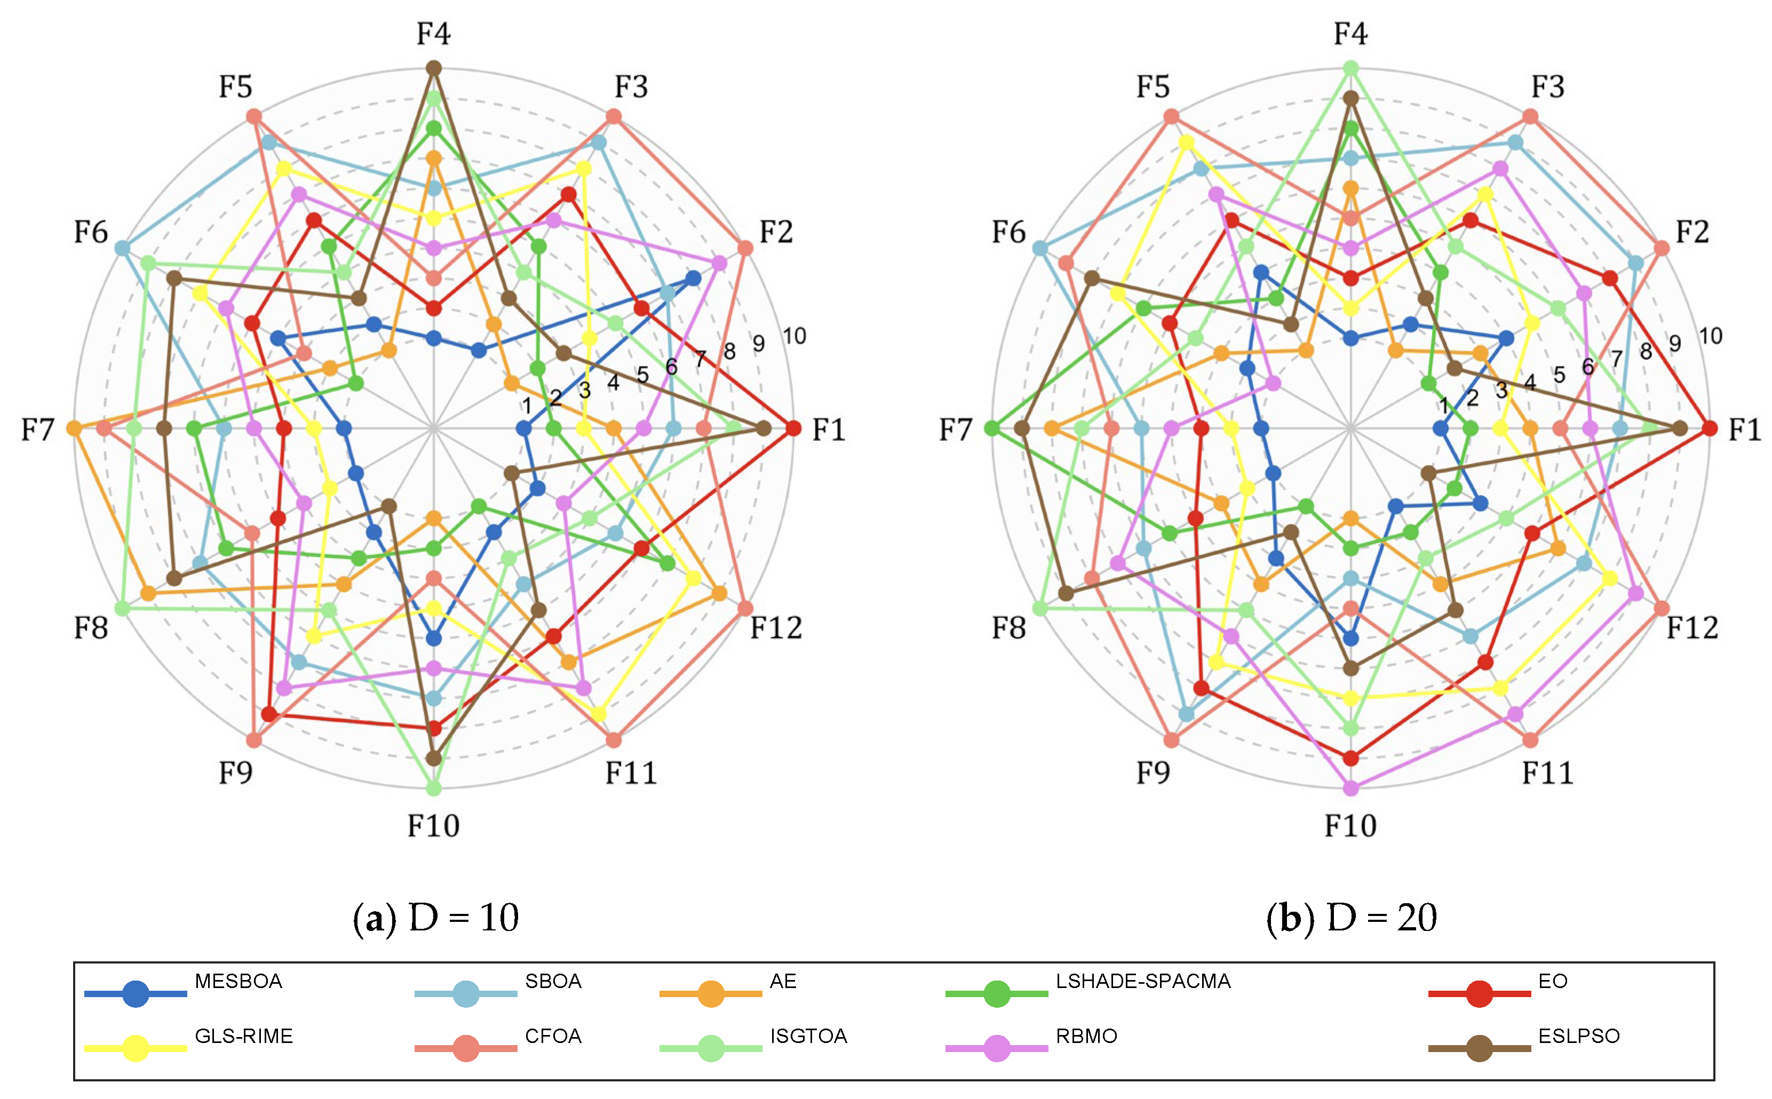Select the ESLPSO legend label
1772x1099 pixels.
coord(1579,1036)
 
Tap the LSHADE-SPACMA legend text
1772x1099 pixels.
coord(1142,981)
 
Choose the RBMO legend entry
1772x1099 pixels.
coord(1086,1036)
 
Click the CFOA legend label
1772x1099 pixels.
coord(553,1036)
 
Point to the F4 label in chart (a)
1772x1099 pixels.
coord(433,34)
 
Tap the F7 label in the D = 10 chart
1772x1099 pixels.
coord(38,429)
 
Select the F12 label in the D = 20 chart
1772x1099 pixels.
coord(1692,627)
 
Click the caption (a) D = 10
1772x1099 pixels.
coord(435,917)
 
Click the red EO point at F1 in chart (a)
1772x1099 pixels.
coord(794,429)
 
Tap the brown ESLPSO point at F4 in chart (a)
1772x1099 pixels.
coord(434,68)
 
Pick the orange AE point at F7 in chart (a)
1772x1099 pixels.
coord(74,429)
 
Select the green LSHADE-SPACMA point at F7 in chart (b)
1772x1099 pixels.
coord(991,429)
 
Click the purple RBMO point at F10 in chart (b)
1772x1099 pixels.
coord(1351,788)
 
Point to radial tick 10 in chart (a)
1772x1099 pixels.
coord(794,336)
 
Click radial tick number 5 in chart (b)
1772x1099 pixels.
coord(1559,375)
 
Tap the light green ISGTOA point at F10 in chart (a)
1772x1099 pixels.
coord(434,788)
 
